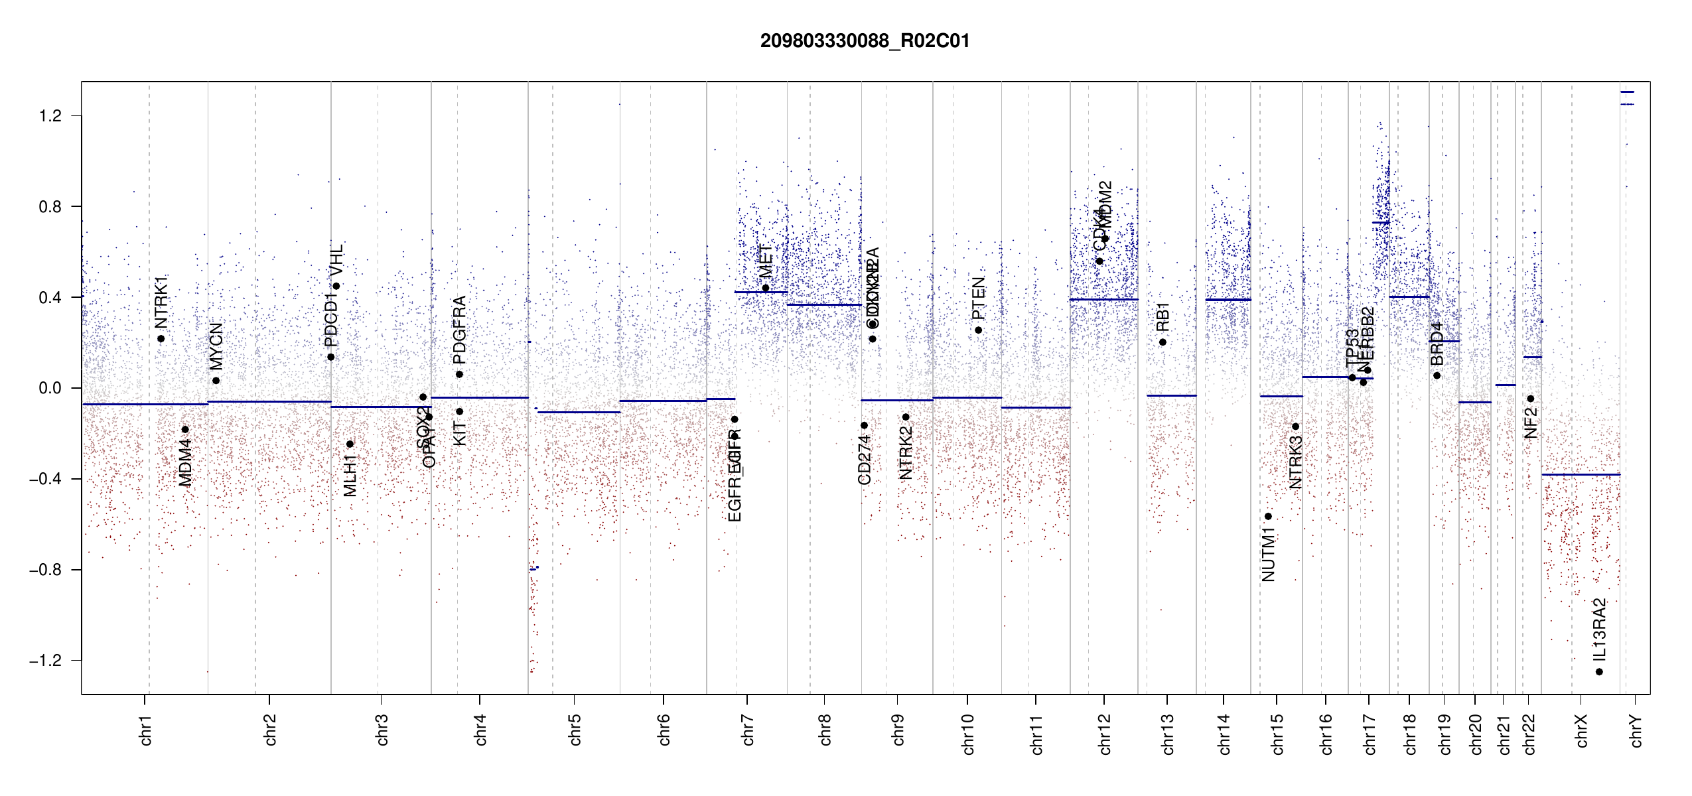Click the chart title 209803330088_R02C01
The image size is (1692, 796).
coord(865,41)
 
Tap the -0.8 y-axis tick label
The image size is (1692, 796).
coord(45,570)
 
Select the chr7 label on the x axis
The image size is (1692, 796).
coord(748,730)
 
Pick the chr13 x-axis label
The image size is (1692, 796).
coord(1167,734)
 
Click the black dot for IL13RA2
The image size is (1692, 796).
coord(1599,672)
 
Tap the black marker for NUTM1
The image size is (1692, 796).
coord(1268,516)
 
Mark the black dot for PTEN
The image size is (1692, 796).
coord(978,330)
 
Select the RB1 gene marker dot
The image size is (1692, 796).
coord(1163,342)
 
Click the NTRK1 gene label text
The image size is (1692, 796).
coord(161,302)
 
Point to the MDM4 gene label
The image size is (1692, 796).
coord(185,462)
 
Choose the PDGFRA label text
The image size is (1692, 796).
coord(459,330)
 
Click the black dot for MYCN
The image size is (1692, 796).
coord(216,381)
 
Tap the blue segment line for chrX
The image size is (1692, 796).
coord(1581,474)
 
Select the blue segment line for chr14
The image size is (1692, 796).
coord(1228,300)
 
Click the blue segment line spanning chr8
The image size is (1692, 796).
coord(824,305)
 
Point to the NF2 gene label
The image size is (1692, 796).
coord(1531,423)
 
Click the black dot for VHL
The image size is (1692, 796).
coord(336,287)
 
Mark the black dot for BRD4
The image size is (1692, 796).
coord(1437,375)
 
